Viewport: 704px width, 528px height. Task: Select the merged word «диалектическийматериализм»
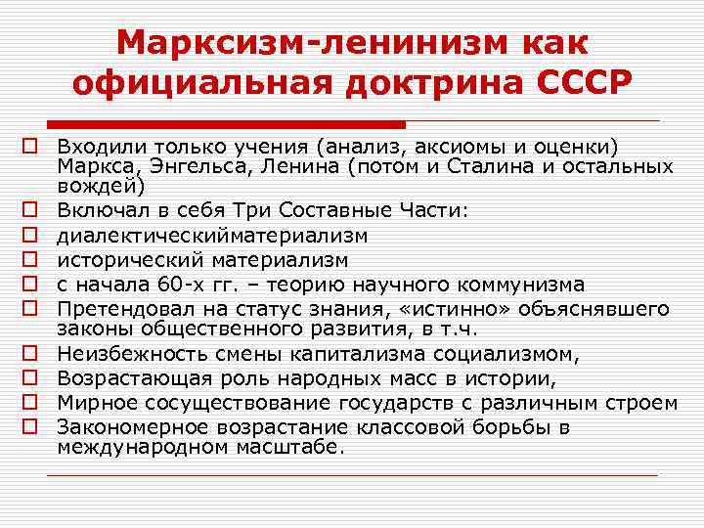[212, 235]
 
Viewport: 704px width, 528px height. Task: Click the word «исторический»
[125, 259]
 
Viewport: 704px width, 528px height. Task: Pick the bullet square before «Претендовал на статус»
[30, 308]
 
